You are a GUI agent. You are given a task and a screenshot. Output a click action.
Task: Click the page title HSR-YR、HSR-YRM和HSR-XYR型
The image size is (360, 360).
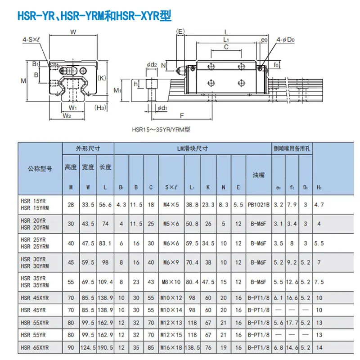(x=94, y=16)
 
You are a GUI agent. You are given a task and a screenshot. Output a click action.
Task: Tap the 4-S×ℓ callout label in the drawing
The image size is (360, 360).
(x=31, y=40)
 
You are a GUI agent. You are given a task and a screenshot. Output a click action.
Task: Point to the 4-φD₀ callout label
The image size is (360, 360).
(x=285, y=40)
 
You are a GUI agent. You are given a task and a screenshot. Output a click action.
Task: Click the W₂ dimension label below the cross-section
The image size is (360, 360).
(x=67, y=116)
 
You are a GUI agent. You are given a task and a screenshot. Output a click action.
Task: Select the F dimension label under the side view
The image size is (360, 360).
(x=182, y=116)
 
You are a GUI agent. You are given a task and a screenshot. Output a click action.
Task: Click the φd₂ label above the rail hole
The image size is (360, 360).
(x=152, y=65)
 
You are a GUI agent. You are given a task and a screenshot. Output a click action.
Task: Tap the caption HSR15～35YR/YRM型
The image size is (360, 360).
(x=161, y=130)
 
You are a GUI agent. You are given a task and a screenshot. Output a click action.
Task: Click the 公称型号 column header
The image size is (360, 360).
(x=40, y=169)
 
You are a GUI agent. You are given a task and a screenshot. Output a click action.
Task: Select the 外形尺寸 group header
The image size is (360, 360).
(x=88, y=148)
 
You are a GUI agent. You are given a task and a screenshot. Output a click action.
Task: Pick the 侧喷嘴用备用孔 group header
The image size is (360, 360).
(x=292, y=148)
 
